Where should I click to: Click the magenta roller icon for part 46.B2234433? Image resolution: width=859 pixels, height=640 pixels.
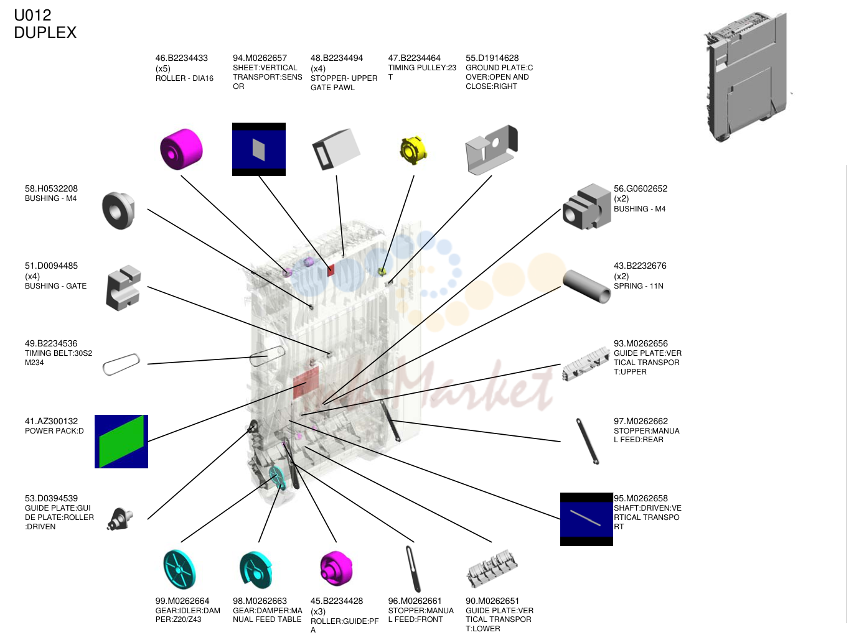point(181,149)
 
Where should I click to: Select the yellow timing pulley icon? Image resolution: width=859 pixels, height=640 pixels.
point(413,150)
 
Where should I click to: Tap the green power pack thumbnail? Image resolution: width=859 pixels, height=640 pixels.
point(121,442)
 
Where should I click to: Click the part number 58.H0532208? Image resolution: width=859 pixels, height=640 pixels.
point(51,188)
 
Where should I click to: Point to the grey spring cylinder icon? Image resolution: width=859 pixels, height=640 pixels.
point(586,286)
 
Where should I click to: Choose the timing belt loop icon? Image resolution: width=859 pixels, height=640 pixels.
point(121,364)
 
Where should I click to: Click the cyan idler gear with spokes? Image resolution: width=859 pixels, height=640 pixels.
point(179,569)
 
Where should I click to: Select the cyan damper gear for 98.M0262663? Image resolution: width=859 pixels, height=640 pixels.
point(256,570)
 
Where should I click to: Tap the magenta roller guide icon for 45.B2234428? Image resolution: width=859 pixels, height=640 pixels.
point(336,568)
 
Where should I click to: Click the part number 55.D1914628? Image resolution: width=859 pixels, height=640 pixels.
point(492,58)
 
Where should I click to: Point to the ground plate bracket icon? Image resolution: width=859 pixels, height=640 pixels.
point(492,149)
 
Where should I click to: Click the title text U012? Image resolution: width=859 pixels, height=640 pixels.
point(32,16)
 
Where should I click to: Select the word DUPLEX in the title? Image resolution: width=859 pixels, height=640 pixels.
point(45,32)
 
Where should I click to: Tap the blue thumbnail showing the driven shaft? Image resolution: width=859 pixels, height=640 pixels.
point(586,519)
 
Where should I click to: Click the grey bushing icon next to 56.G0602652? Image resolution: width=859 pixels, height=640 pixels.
point(586,206)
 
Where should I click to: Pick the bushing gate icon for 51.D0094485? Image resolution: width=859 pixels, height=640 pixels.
point(123,288)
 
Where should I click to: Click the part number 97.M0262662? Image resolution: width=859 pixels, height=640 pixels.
point(641,421)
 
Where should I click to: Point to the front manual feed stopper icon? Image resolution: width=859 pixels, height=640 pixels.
point(413,569)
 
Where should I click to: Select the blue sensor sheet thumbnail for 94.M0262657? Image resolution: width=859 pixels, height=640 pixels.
point(259,149)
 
